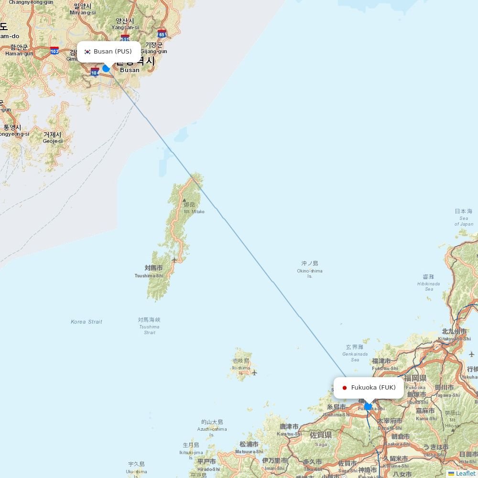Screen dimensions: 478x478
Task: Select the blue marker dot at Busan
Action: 106,68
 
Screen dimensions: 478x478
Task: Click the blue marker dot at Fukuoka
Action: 368,407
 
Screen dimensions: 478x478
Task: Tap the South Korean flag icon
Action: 87,52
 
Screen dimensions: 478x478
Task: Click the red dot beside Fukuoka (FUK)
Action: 344,388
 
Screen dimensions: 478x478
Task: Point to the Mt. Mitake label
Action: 194,211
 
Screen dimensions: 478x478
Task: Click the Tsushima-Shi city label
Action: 149,276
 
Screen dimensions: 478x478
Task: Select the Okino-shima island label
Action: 310,271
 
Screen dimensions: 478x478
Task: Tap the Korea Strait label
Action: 87,322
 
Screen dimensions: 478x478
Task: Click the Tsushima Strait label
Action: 149,329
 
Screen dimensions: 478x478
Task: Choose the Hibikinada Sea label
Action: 429,286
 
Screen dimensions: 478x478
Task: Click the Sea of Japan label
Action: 464,221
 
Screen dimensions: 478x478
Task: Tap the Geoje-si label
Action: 53,141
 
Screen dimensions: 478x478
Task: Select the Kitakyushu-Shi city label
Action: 454,338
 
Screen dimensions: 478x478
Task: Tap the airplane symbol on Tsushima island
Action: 174,260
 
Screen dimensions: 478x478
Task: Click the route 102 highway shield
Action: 54,51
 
